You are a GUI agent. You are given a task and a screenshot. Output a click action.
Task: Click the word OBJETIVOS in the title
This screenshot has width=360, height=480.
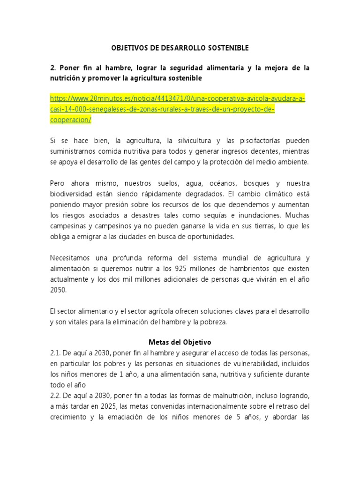(x=129, y=48)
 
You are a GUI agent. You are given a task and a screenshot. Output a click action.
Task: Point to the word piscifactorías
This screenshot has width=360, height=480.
(x=255, y=141)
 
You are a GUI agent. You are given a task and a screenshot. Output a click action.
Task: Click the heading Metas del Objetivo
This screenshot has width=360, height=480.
(x=180, y=342)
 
